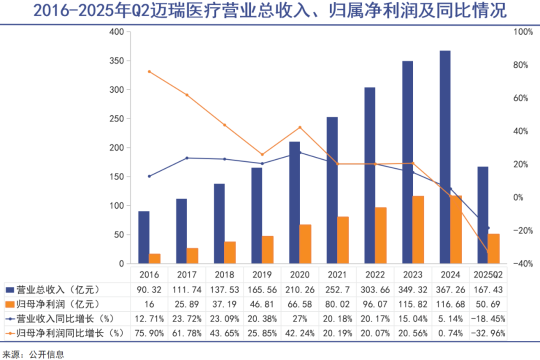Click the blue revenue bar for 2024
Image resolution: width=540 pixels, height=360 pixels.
click(445, 157)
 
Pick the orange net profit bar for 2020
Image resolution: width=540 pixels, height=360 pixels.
click(305, 244)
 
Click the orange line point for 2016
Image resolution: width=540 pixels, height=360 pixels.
click(149, 71)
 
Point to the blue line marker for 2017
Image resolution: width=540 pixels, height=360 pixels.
click(187, 158)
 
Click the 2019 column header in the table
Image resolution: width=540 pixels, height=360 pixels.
click(262, 274)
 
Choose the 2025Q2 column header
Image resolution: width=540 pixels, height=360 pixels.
click(488, 274)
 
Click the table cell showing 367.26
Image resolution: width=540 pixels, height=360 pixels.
click(450, 290)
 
